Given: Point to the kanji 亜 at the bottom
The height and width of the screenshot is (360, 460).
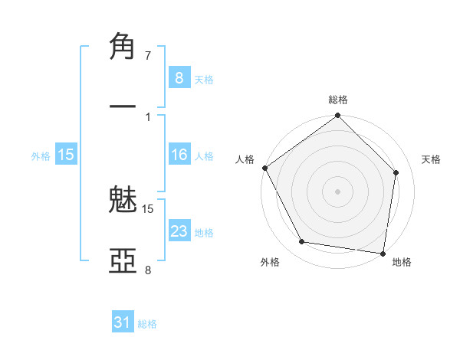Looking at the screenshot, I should [x=123, y=260].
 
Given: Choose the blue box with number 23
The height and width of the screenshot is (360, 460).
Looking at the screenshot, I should [x=179, y=231].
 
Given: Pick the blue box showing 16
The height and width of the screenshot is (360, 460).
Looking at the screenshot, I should [x=179, y=155].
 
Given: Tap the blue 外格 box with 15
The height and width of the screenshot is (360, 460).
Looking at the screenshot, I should [x=66, y=155].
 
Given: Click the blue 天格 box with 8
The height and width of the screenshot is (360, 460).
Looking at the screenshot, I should [x=179, y=77].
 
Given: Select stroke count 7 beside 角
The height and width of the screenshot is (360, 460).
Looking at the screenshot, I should [x=148, y=56].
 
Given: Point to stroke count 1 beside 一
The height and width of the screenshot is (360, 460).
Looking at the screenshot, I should [x=148, y=116].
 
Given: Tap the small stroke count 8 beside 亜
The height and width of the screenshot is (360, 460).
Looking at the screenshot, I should [x=148, y=270].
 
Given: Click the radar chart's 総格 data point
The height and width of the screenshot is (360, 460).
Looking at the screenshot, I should [x=337, y=116].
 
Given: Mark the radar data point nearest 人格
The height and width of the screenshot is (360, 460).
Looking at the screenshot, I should [x=265, y=168].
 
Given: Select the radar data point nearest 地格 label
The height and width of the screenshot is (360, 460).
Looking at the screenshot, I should [x=383, y=253].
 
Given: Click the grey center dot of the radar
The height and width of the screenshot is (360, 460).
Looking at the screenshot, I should [x=337, y=191].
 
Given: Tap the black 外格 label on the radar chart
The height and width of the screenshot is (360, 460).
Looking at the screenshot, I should [x=270, y=263].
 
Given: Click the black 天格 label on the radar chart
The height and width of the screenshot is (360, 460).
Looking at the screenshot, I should [x=432, y=159].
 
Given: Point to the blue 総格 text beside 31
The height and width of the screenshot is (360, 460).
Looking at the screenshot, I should [x=147, y=324].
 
